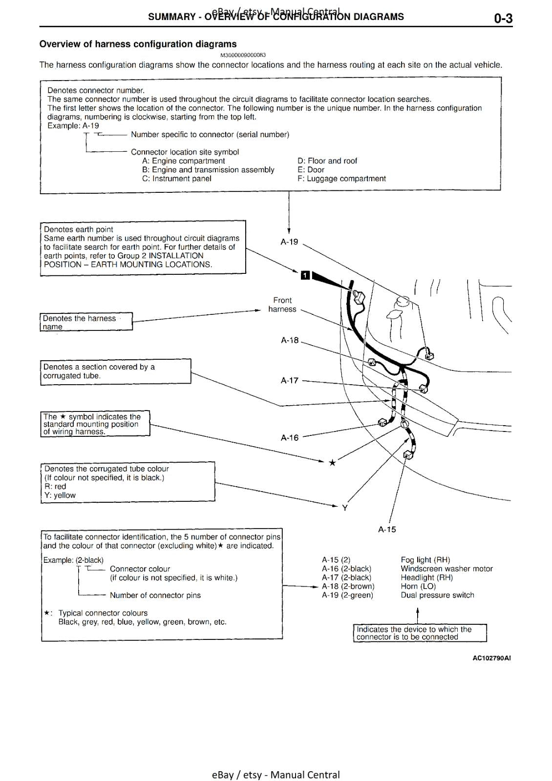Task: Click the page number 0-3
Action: point(503,19)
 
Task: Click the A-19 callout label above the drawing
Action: point(289,242)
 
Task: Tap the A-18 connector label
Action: point(290,340)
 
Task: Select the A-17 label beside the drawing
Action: point(290,380)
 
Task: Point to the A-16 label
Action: point(290,438)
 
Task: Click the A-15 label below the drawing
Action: point(387,530)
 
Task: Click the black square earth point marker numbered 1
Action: point(305,275)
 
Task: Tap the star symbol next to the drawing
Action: point(332,462)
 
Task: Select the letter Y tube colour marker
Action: point(345,508)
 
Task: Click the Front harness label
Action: point(282,305)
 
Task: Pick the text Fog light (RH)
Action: point(425,560)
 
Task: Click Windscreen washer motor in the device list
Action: point(446,569)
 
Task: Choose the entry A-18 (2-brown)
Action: point(348,586)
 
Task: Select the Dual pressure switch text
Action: point(437,595)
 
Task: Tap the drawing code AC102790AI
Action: point(491,658)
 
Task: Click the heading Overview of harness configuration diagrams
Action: point(138,44)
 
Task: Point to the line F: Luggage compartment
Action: point(341,179)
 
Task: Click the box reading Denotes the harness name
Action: point(86,322)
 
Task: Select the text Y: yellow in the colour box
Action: point(60,495)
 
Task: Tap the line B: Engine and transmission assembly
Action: point(208,170)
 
